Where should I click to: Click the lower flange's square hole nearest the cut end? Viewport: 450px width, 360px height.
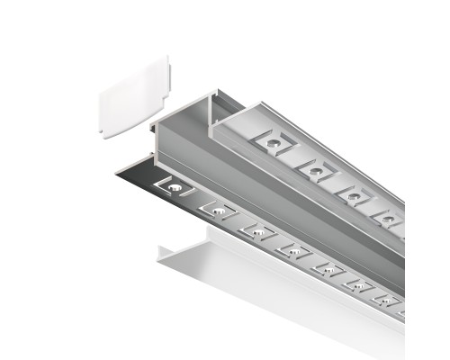[172, 187]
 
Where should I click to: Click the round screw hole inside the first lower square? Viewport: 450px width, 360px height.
[173, 187]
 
